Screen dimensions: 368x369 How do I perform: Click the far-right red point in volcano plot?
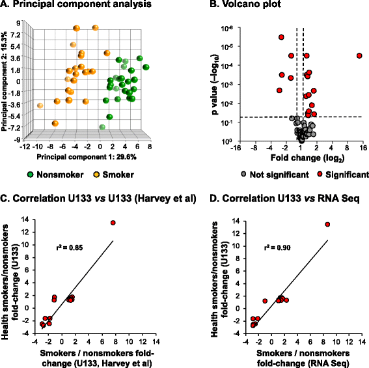pyautogui.click(x=359, y=56)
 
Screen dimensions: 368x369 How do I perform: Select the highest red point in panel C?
pyautogui.click(x=113, y=223)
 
